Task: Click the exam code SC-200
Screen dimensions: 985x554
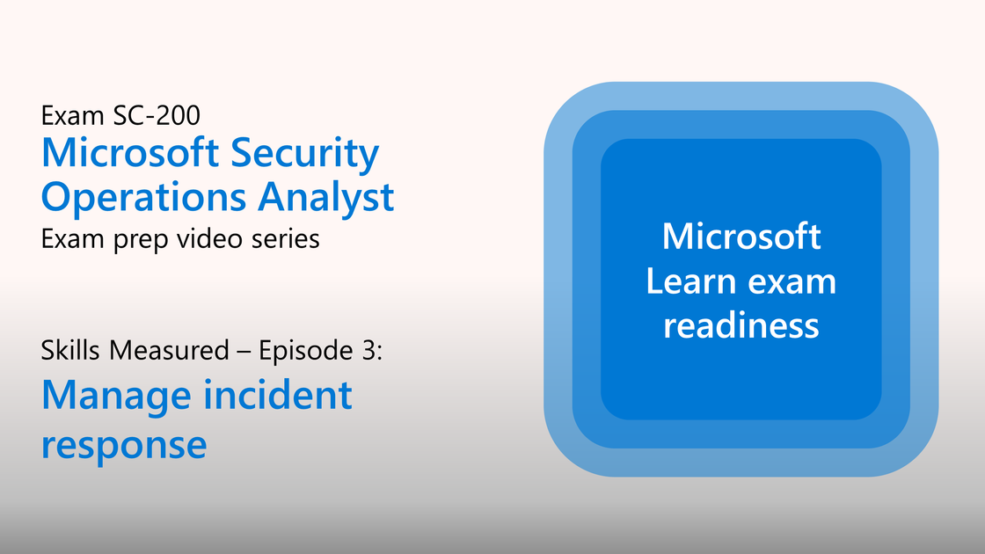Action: [x=157, y=115]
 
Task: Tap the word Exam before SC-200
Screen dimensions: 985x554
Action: [x=72, y=115]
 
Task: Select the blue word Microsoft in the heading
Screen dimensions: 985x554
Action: [x=129, y=153]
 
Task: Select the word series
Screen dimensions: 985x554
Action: [x=286, y=239]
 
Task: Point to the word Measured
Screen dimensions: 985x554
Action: [x=169, y=351]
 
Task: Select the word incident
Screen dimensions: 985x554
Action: [x=277, y=395]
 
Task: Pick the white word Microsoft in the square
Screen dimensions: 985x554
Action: [x=741, y=237]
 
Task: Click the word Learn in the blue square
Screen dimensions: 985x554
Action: [x=690, y=281]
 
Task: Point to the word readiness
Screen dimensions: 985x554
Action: [x=741, y=326]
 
